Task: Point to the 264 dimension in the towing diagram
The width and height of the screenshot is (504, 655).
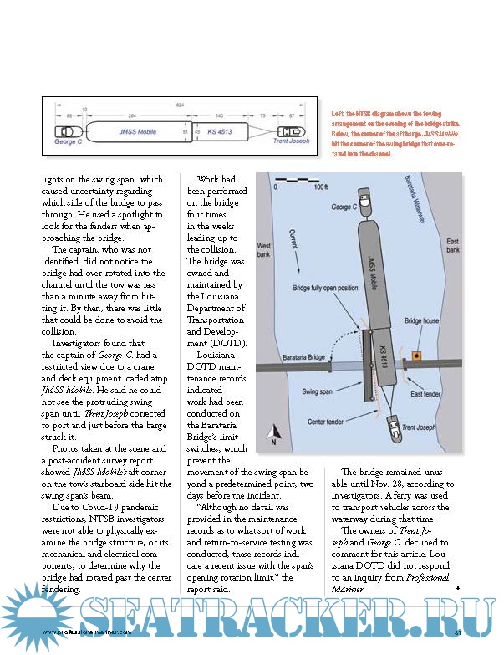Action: [131, 116]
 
